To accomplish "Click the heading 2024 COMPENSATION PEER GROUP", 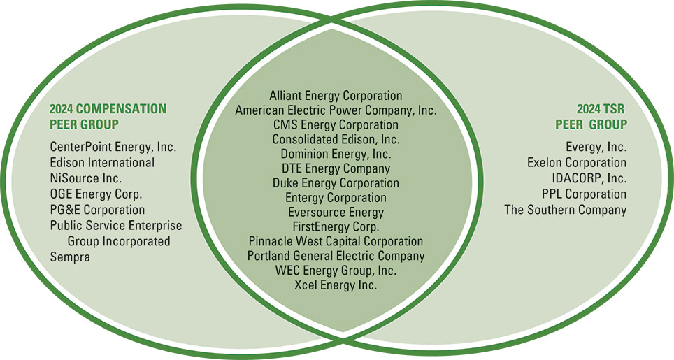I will pos(108,117).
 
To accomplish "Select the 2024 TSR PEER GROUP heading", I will pos(591,117).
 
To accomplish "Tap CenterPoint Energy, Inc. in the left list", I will pos(113,147).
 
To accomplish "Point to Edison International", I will pos(102,163).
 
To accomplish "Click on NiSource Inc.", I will pos(85,178).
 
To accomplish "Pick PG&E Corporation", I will pos(97,210).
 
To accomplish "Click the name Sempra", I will pos(70,257).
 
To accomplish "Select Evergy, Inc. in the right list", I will pos(596,147).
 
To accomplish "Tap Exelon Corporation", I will pos(577,163).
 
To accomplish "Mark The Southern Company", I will pos(566,210).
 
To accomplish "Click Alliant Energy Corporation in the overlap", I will pos(336,95).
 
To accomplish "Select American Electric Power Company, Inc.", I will pos(336,110).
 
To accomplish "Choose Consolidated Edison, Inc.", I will pos(336,139).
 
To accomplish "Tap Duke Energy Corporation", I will pos(336,183).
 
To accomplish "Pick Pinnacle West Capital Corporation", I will pos(336,241).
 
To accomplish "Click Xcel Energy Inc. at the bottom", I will pos(336,285).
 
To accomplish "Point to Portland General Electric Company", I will pos(336,256).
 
